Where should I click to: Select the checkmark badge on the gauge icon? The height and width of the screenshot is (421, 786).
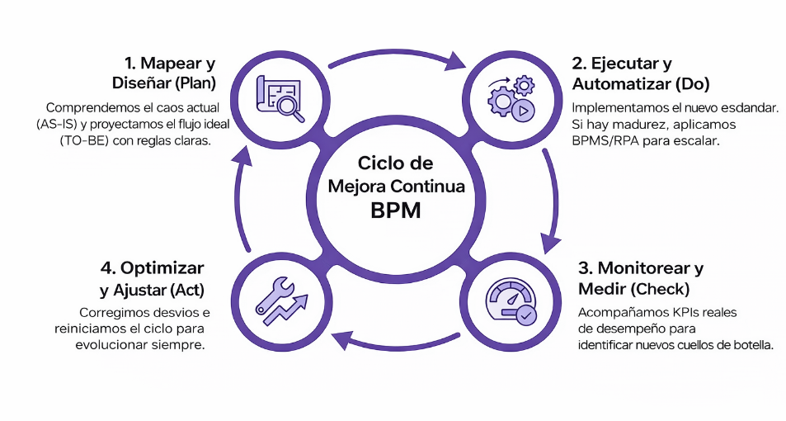pyautogui.click(x=525, y=314)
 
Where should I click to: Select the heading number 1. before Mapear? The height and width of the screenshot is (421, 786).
pyautogui.click(x=130, y=63)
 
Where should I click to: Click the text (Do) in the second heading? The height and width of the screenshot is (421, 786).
pyautogui.click(x=692, y=83)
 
